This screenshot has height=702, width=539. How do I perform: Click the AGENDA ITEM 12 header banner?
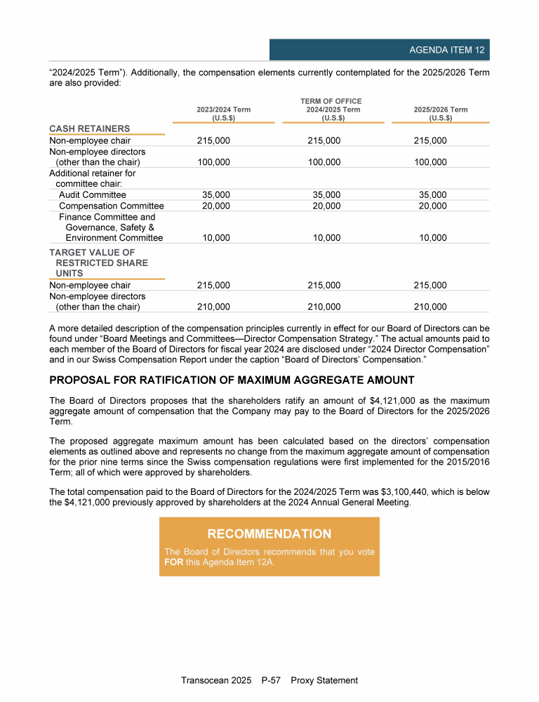(x=380, y=50)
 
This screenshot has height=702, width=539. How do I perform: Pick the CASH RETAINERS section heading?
(x=89, y=128)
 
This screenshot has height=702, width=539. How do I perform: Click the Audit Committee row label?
(x=93, y=194)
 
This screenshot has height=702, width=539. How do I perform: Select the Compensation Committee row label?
(x=111, y=206)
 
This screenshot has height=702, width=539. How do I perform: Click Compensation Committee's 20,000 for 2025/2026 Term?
(x=432, y=206)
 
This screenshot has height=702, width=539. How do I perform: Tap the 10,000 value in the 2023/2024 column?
(x=215, y=238)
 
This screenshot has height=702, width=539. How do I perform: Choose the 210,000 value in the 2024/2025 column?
(x=324, y=307)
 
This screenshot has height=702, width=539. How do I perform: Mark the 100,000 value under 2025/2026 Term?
(x=430, y=162)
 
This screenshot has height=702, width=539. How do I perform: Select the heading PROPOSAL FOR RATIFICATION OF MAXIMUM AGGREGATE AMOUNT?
(x=232, y=380)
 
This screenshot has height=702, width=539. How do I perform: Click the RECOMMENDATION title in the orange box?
(x=269, y=534)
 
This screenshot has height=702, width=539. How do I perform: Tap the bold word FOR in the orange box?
(x=173, y=563)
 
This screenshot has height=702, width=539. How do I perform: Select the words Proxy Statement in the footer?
(x=324, y=680)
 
